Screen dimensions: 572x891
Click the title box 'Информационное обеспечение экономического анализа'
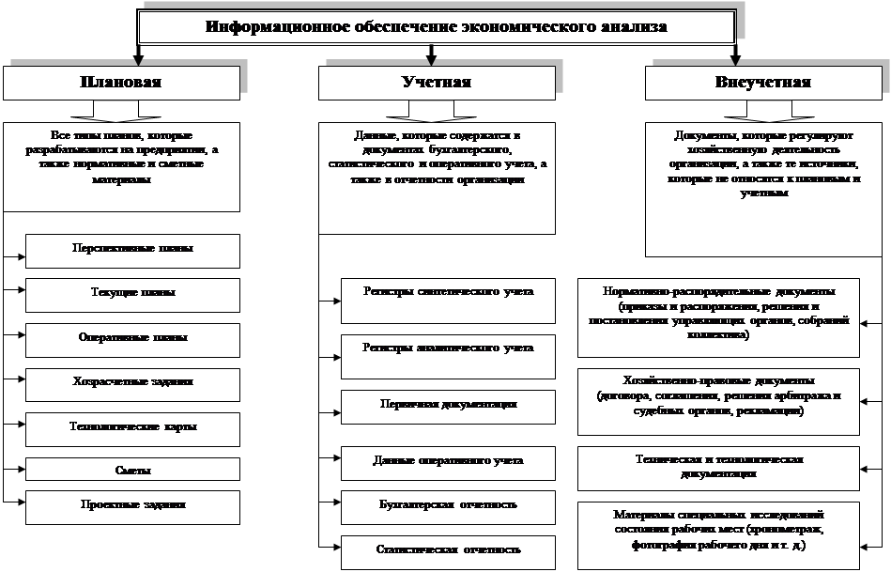[x=436, y=27]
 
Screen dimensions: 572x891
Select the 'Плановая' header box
[x=121, y=83]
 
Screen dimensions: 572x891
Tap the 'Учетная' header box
[x=429, y=83]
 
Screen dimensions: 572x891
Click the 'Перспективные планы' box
[x=132, y=251]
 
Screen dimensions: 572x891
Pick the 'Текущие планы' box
[x=132, y=294]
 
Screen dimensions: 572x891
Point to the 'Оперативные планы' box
[x=132, y=338]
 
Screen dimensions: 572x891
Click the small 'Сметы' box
[x=132, y=469]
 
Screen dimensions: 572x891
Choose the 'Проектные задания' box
[x=132, y=505]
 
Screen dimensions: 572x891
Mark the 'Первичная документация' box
[x=448, y=405]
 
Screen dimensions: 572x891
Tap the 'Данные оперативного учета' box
[x=448, y=460]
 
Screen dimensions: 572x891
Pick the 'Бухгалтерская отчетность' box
[x=448, y=505]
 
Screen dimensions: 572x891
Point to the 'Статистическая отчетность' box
[x=448, y=550]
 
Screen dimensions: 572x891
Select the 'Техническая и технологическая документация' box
[x=718, y=467]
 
